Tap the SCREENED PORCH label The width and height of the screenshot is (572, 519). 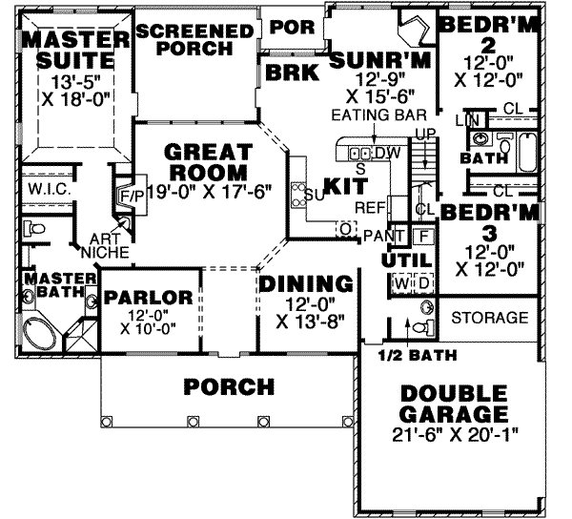195,39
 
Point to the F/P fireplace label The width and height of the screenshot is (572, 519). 131,196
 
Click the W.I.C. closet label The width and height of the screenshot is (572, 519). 45,190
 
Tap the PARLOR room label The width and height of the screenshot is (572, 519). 149,297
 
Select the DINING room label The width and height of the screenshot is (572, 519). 306,283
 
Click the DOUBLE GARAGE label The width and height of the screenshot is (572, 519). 452,405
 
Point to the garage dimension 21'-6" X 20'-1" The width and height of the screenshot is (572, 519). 452,436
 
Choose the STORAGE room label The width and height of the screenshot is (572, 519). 489,317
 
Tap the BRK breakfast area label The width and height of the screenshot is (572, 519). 289,72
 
